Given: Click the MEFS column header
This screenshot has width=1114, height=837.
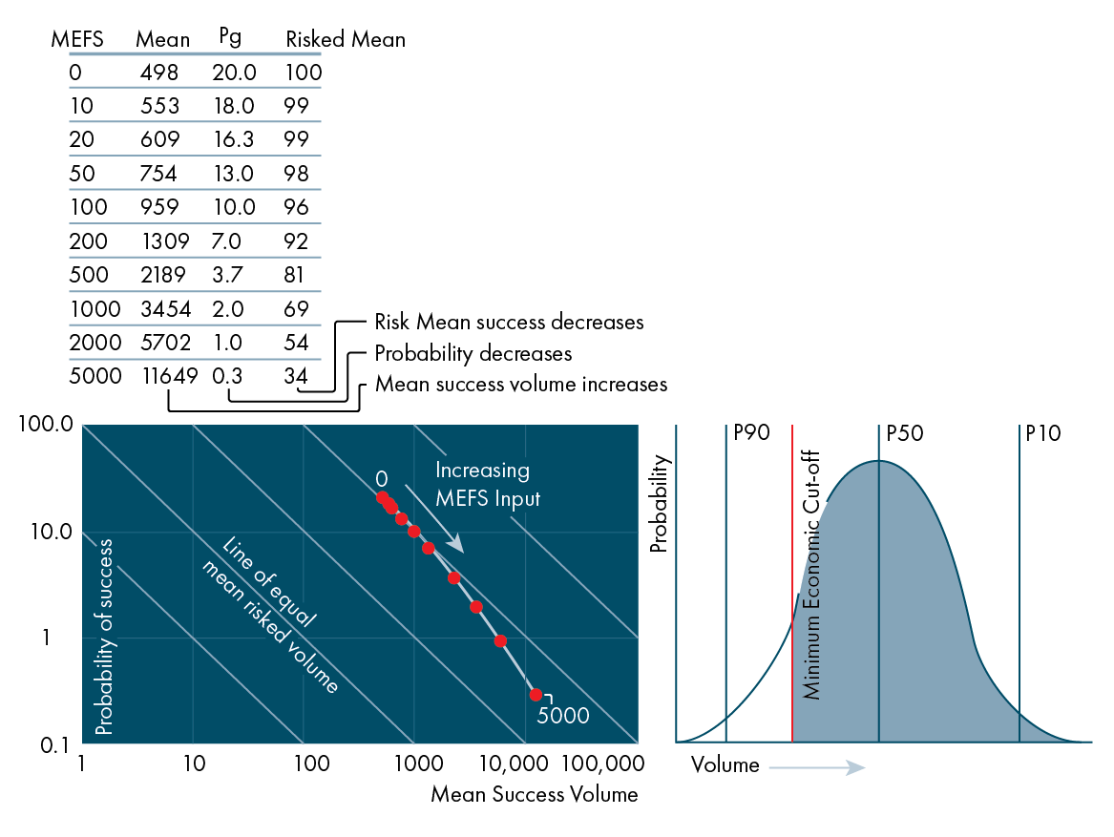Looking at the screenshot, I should coord(76,39).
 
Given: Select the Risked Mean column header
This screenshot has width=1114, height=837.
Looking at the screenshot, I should coord(346,39).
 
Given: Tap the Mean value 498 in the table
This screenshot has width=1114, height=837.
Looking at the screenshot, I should coord(159,73).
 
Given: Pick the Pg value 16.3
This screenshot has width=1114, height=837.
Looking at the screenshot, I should coord(233,139).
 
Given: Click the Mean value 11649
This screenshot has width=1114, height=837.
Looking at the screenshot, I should coord(170,376).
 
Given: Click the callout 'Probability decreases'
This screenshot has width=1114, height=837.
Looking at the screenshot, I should coord(473,353).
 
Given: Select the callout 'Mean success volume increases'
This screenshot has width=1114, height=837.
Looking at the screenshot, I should coord(520,385).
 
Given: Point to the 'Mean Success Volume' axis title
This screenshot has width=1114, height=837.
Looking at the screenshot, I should coord(534,794).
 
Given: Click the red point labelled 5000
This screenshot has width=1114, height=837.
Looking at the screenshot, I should coord(536,695).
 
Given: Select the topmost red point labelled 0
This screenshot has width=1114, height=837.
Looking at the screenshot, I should coord(383,497).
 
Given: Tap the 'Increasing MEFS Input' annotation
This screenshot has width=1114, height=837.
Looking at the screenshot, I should coord(487,484).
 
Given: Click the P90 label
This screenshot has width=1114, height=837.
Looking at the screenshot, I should coord(751,432).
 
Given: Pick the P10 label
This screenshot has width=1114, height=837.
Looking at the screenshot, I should coord(1042,432).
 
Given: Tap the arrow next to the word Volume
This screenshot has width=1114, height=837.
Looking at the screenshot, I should coord(816,766).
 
